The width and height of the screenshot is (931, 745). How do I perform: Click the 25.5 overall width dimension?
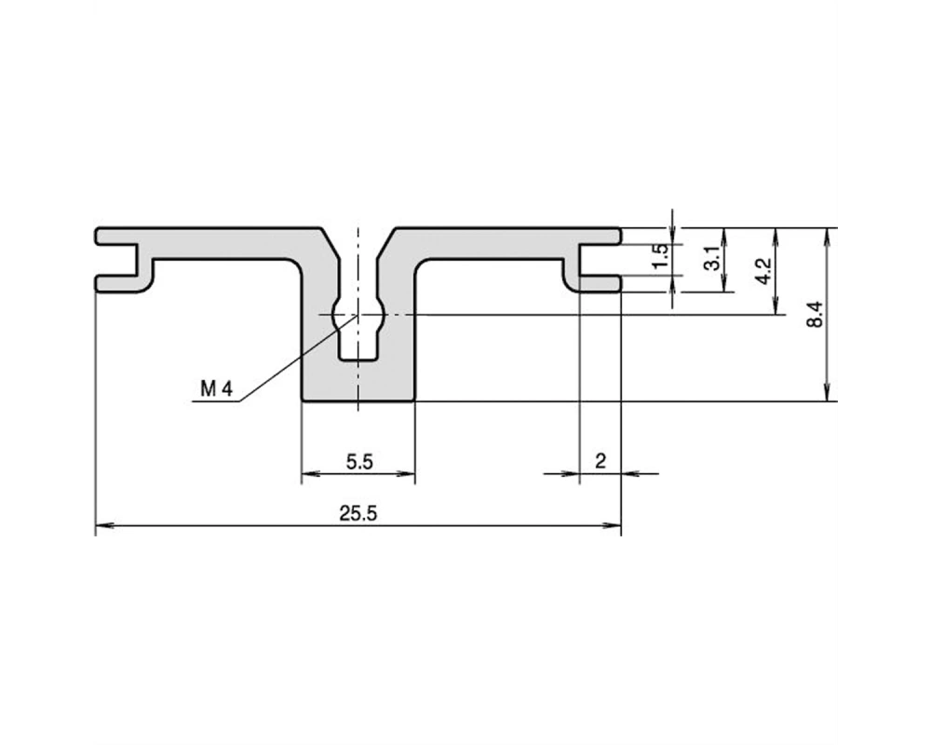(x=358, y=513)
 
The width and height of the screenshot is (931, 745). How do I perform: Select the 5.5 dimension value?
(x=359, y=462)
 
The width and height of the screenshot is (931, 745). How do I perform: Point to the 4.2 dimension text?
(x=764, y=270)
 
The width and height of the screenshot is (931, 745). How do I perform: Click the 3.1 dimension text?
(x=712, y=259)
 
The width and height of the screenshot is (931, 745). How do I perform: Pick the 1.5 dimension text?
(x=660, y=257)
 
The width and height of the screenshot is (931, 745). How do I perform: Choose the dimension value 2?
(x=600, y=461)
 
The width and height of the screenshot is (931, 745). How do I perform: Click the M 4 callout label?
(x=217, y=389)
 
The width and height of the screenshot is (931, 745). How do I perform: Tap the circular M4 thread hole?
(x=358, y=314)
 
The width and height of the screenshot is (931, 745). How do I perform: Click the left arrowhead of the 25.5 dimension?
(x=104, y=525)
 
